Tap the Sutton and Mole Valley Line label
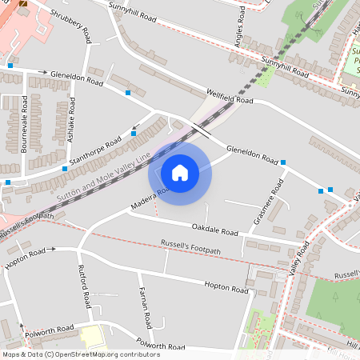(104, 173)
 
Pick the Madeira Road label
(149, 199)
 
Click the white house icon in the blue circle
(180, 172)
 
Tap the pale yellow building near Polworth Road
(91, 335)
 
